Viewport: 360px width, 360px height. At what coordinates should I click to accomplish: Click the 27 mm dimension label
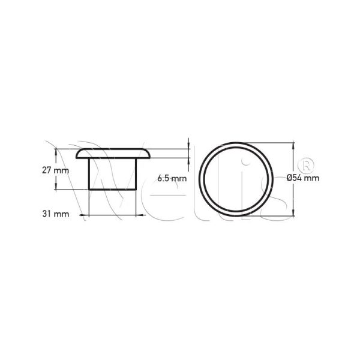tap(55, 170)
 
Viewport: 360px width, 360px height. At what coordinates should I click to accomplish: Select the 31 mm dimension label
tap(56, 214)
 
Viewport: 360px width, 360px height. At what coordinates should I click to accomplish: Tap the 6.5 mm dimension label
tap(172, 178)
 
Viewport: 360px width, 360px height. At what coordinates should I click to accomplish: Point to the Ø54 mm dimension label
tap(303, 178)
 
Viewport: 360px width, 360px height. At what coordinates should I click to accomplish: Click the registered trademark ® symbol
tap(306, 166)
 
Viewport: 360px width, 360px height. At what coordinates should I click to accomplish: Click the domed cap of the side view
tap(113, 154)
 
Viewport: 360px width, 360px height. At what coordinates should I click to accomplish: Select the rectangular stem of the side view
tap(113, 174)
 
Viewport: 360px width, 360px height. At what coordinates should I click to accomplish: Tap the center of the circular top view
tap(236, 179)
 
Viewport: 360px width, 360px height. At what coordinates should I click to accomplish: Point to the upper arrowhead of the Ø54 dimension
tap(293, 146)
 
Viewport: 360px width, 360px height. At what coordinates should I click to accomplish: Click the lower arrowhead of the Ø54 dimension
tap(293, 212)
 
